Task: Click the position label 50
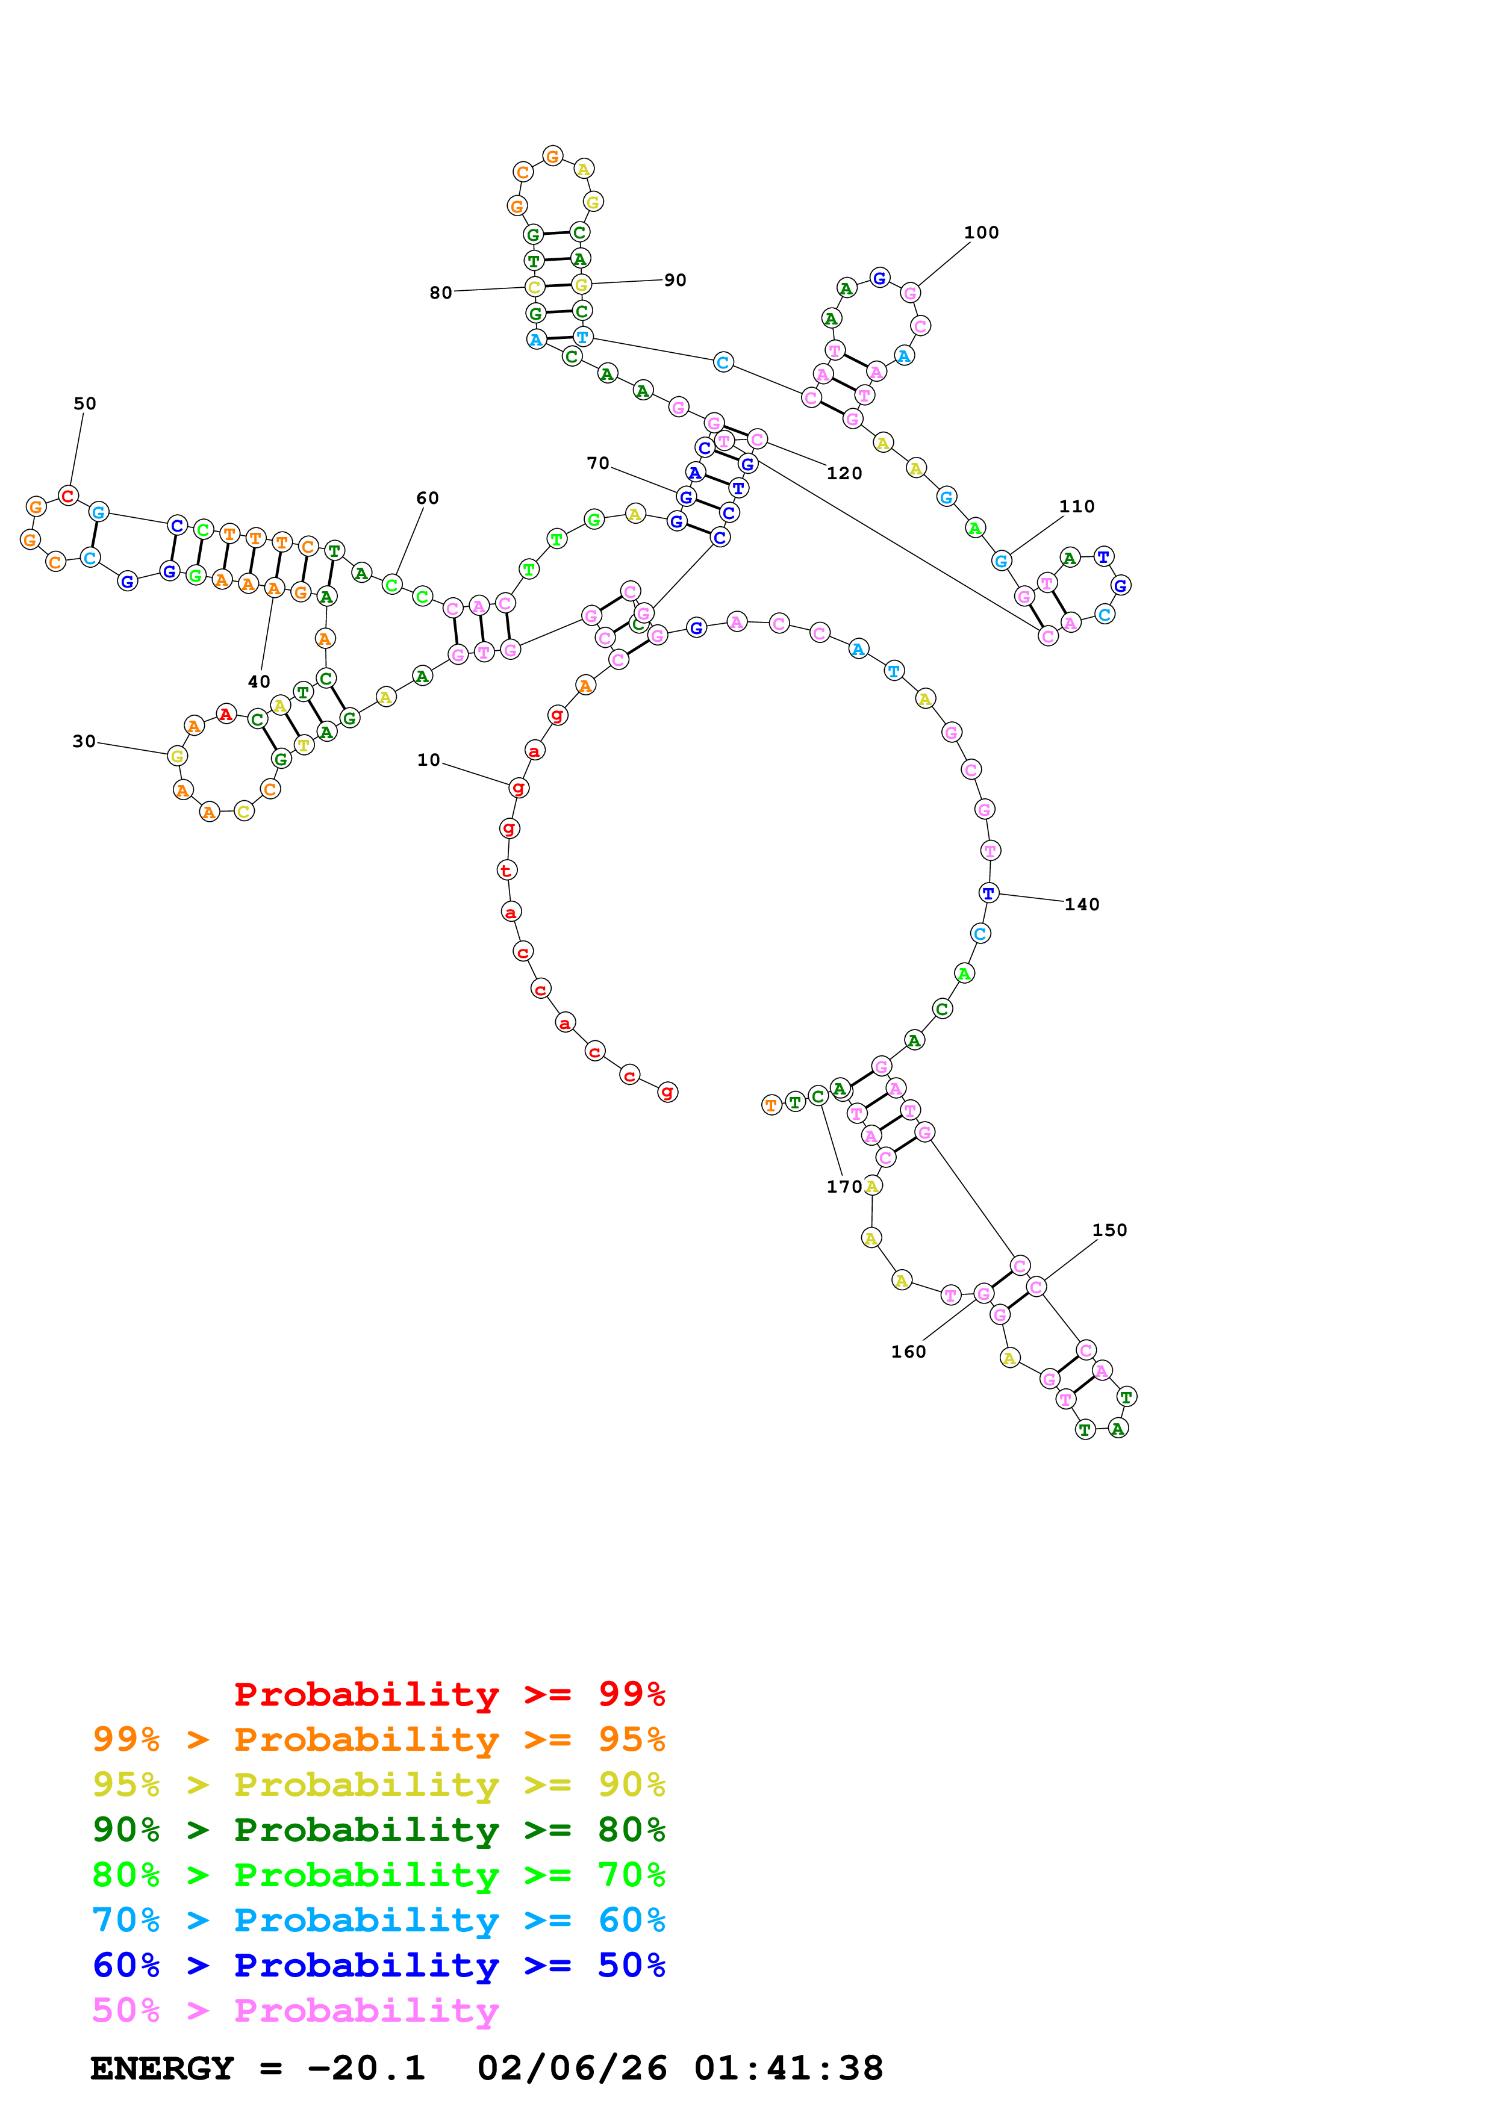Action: tap(85, 404)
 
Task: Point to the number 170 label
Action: tap(844, 1187)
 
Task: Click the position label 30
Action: tap(84, 741)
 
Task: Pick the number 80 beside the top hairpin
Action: tap(441, 293)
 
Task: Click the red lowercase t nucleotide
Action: tap(506, 870)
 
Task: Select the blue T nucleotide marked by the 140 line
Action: tap(988, 893)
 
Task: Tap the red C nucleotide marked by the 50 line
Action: tap(68, 496)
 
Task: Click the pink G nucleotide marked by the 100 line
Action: tap(910, 293)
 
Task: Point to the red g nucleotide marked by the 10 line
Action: tap(519, 787)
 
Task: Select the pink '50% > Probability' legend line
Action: tap(295, 2011)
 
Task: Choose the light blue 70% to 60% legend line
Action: tap(378, 1921)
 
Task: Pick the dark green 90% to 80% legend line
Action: tap(378, 1830)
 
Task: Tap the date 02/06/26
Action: tap(572, 2069)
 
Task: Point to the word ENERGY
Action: tap(162, 2069)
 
